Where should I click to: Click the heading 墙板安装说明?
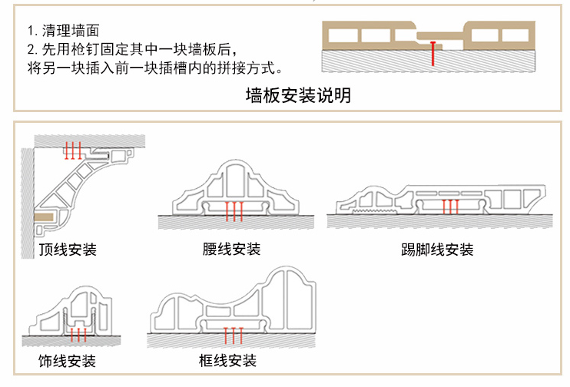coord(298,96)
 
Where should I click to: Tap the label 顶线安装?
coord(67,250)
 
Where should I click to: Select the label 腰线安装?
coord(231,250)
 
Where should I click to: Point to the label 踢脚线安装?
coord(437,250)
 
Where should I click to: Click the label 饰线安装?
coord(67,361)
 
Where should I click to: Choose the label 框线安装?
coord(227,361)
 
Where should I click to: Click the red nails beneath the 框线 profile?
coord(232,336)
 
